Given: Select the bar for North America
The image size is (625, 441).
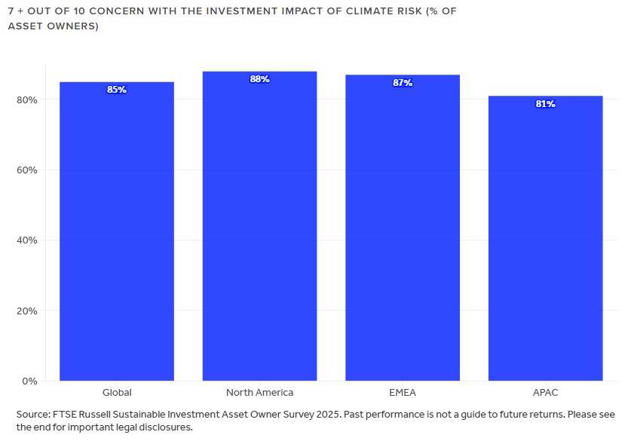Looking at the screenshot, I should pos(259,226).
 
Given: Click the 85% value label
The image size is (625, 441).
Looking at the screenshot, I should pos(117,90).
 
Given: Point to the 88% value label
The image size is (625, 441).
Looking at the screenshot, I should pos(259,79).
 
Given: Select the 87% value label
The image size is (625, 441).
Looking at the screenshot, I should pos(403,83).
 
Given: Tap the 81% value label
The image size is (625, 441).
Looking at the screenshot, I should pos(545,104).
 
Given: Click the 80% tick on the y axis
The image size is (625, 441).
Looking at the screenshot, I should pos(26,100).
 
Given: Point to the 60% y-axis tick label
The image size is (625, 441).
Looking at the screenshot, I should pos(26,170).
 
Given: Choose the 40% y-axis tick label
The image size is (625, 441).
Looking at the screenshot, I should pos(26,240).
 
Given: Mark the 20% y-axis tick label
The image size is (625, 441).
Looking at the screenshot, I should pos(26,311).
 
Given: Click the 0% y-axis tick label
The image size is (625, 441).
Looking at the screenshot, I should pos(29,381).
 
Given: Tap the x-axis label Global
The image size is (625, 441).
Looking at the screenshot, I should pos(117,393).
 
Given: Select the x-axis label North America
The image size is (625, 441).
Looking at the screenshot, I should pos(259,393).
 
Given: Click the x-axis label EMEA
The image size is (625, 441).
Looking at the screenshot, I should pos(403,393).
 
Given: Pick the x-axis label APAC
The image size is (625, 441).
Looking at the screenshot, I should pos(545,393).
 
